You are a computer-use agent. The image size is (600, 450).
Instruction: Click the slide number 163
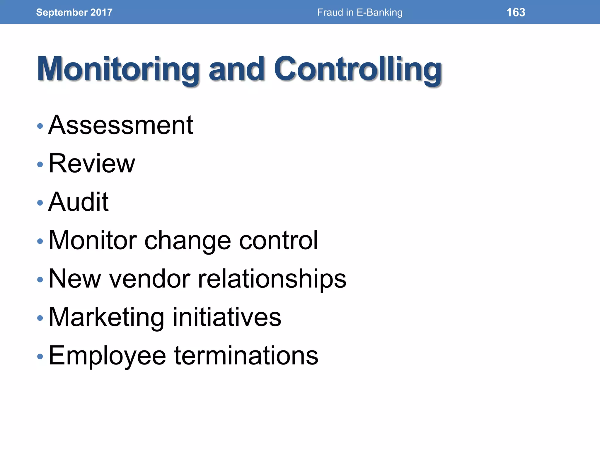(516, 12)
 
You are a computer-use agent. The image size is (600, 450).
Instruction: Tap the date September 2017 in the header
(74, 12)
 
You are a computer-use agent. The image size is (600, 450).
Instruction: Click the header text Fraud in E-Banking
(360, 12)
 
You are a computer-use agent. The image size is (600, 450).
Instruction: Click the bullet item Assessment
(121, 125)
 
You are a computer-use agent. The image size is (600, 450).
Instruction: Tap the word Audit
(79, 202)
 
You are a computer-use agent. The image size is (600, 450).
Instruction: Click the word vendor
(149, 279)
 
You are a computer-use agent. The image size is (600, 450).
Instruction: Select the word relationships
(272, 279)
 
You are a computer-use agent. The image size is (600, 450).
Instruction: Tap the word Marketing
(106, 318)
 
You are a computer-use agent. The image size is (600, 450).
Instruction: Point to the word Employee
(107, 356)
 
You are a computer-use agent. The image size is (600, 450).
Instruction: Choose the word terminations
(246, 356)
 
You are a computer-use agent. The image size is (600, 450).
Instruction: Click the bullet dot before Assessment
(40, 126)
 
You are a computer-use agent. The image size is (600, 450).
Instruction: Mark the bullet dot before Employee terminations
(40, 357)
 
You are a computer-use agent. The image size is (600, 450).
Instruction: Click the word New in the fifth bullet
(75, 279)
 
